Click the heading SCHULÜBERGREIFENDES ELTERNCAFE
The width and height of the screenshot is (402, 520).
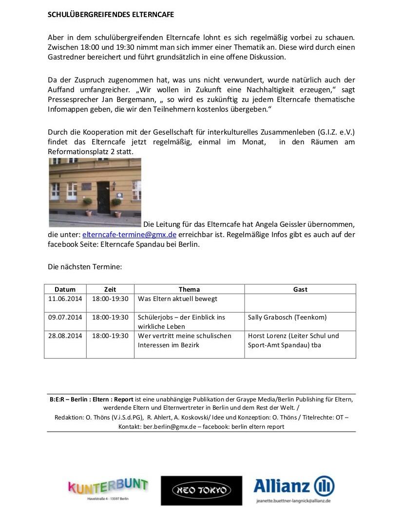point(111,15)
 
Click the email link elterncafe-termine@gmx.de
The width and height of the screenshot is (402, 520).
point(129,234)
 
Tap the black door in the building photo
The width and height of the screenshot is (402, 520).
point(103,197)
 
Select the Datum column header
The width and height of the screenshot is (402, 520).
point(65,289)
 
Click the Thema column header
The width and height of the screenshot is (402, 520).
point(189,289)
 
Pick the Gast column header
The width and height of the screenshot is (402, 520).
point(300,289)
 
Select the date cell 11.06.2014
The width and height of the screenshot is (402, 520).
point(65,299)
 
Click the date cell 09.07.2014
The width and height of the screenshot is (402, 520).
point(65,317)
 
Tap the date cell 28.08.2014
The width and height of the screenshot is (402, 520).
point(65,336)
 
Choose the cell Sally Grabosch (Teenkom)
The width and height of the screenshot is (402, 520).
point(287,317)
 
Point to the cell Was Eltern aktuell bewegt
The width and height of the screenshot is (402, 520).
point(178,299)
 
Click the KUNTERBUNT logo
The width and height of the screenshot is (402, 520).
point(108,486)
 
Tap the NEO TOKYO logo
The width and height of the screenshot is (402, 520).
point(201,490)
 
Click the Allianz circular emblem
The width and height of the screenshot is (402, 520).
point(324,486)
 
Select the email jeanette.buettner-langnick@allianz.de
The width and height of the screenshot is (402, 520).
point(293,500)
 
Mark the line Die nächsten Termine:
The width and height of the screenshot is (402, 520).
point(84,267)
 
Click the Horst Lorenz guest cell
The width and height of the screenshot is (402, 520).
point(293,340)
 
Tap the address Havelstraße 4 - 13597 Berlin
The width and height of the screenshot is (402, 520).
point(108,500)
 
